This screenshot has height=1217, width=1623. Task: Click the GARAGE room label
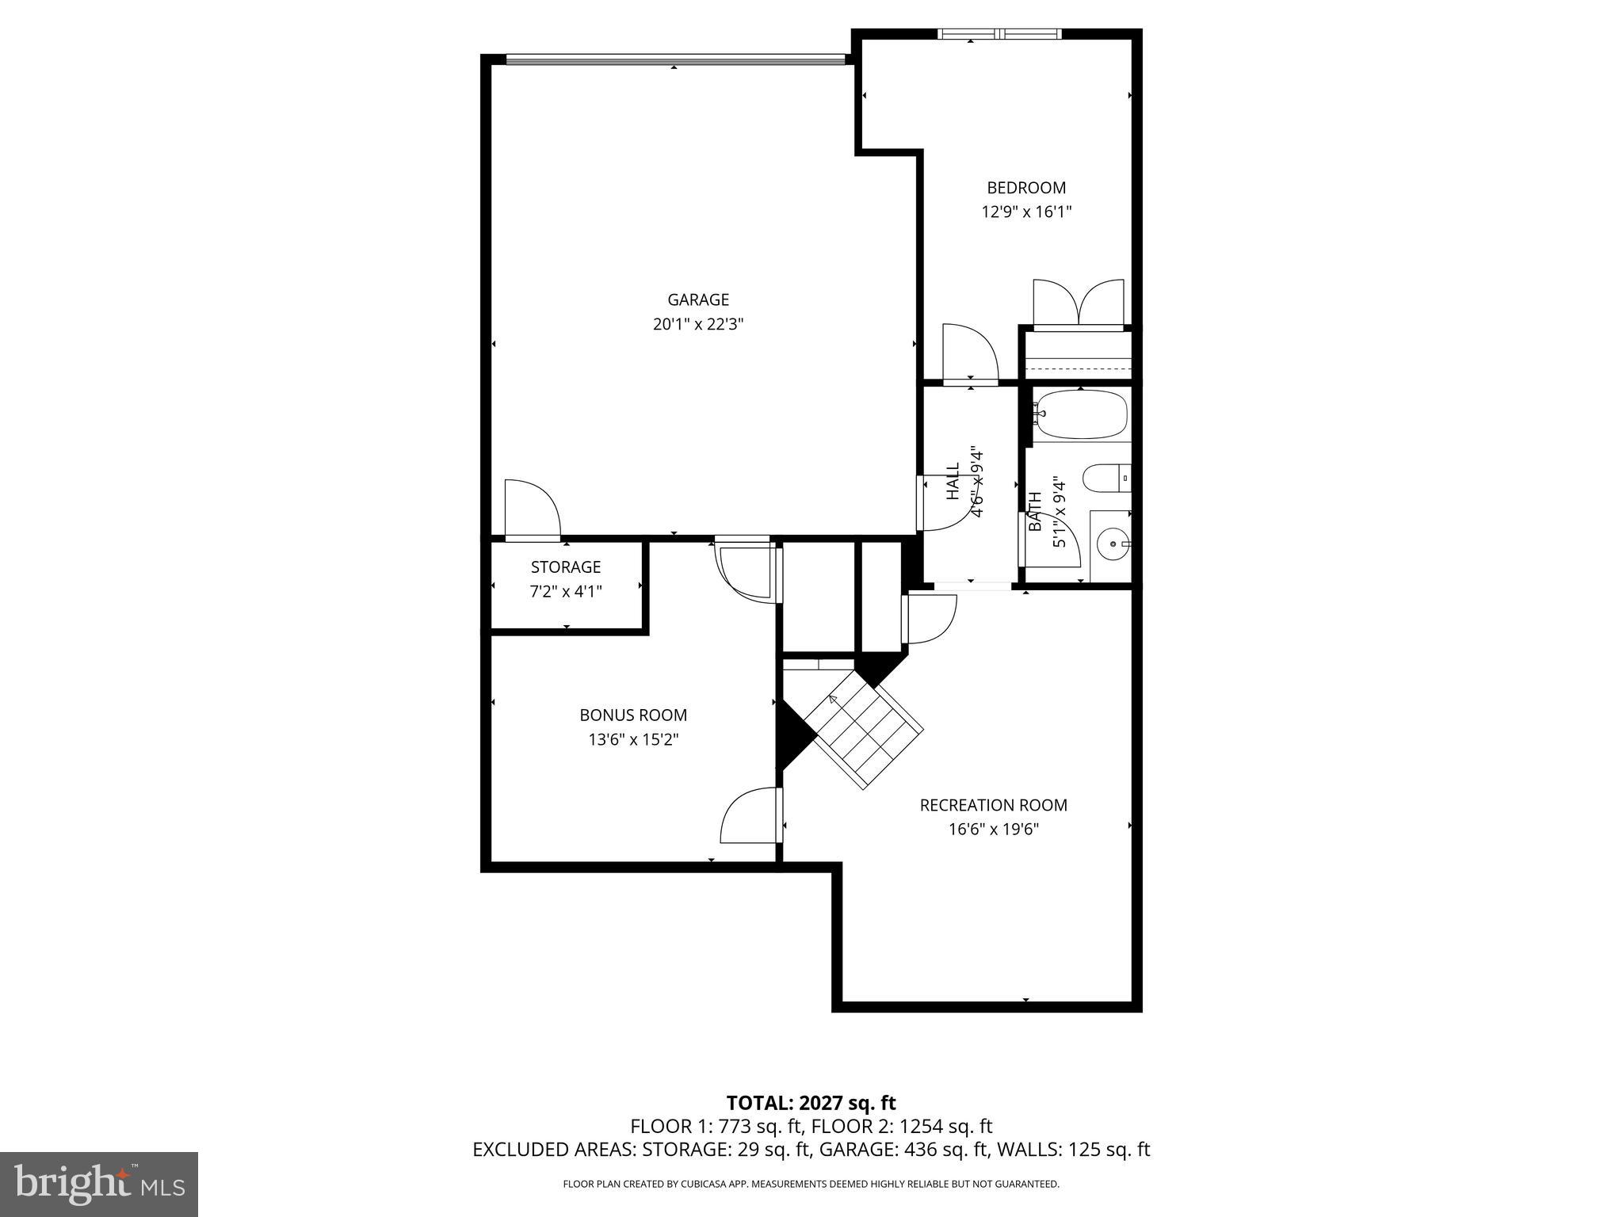[x=697, y=299]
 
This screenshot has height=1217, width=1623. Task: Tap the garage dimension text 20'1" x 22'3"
[x=697, y=324]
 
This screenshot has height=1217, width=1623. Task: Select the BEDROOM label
[x=1025, y=188]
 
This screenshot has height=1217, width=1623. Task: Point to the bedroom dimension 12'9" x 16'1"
[x=1025, y=212]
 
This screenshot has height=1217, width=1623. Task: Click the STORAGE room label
[x=565, y=567]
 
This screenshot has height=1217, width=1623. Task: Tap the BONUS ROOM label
[x=632, y=715]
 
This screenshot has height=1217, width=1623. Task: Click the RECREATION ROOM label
[x=993, y=805]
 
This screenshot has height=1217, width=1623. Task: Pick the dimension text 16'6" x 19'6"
[x=993, y=830]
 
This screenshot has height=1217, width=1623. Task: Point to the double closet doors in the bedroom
[x=1079, y=304]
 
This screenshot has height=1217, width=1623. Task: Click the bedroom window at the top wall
[x=999, y=34]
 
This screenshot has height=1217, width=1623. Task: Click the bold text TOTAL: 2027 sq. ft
[x=811, y=1103]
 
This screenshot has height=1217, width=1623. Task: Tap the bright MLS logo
[x=99, y=1184]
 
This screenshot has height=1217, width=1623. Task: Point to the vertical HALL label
[x=953, y=482]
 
